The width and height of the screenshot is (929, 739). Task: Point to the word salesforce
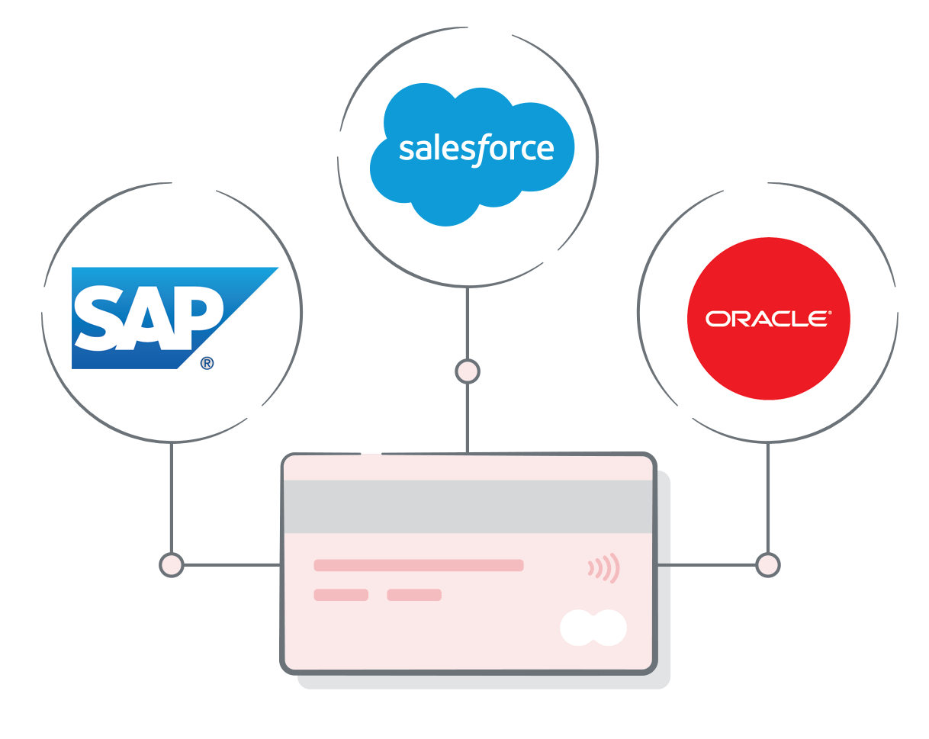point(476,149)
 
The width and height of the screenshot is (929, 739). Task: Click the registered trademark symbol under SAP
point(207,364)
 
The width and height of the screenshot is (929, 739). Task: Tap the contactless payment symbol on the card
point(604,568)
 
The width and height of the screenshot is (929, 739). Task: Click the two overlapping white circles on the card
point(593,628)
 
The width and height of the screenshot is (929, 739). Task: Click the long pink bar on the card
point(418,565)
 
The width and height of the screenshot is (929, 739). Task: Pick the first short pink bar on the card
point(341,595)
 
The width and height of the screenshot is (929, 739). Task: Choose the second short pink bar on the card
point(414,595)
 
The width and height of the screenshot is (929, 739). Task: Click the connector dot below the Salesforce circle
point(467,372)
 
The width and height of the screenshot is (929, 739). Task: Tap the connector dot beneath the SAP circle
point(172,565)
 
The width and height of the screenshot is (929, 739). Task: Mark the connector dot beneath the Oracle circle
point(767,565)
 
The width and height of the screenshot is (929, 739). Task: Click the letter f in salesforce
point(481,150)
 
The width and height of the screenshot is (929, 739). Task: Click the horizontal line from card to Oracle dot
point(713,565)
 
